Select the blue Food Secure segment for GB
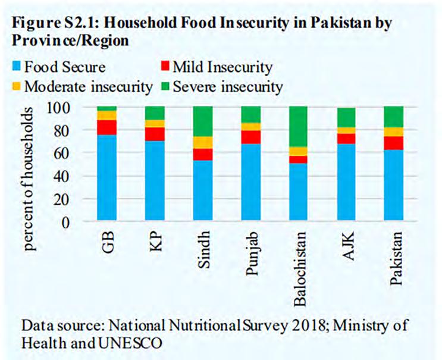point(108,178)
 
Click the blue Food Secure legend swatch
point(15,69)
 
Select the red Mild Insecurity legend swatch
point(164,69)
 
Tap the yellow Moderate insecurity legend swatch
point(15,87)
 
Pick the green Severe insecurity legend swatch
point(164,87)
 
